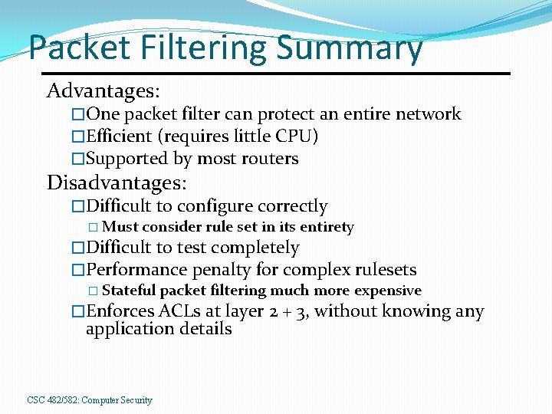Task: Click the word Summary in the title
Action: click(x=349, y=48)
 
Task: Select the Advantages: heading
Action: click(x=103, y=91)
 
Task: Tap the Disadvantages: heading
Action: click(x=117, y=183)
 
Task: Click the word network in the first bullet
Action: click(x=428, y=114)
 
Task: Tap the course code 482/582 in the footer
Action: click(x=63, y=400)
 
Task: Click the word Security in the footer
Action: click(x=136, y=400)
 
